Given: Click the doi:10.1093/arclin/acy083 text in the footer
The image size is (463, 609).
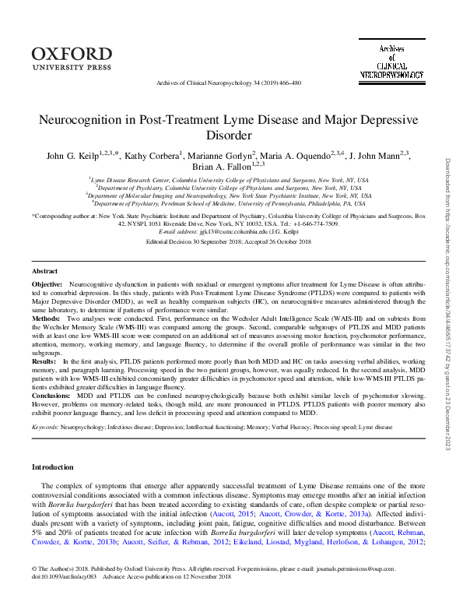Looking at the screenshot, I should click(x=66, y=600).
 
